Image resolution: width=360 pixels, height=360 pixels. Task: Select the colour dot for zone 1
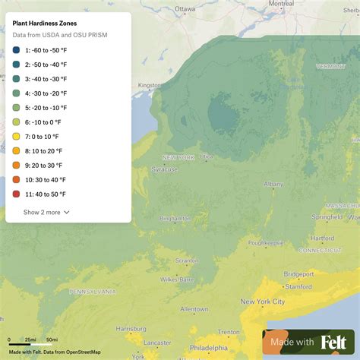[16, 51]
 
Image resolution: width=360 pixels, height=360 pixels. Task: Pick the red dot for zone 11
[16, 194]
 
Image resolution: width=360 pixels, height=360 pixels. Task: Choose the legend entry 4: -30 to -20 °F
[46, 93]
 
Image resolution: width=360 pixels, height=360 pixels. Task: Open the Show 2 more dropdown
[46, 213]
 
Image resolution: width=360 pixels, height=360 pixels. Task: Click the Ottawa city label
[185, 9]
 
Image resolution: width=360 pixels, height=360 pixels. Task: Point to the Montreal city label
[280, 4]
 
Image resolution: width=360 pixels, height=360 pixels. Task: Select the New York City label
[262, 302]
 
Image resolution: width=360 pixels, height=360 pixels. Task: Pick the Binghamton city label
[175, 219]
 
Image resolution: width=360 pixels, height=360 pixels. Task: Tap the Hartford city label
[321, 238]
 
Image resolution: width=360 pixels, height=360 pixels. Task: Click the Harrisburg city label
[131, 329]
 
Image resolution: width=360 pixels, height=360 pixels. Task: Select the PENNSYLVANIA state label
[93, 292]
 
